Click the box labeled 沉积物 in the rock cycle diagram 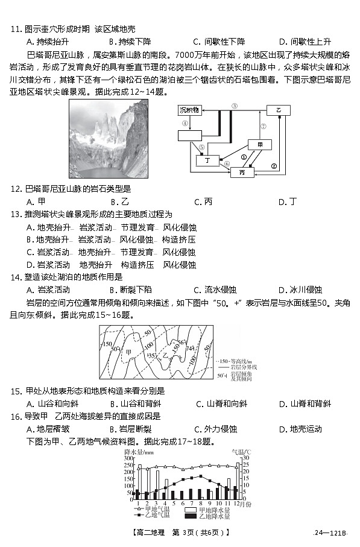(x=192, y=110)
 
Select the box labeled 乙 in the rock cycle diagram (x=279, y=110)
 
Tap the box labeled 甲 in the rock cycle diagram (x=260, y=145)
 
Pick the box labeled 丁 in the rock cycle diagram (x=208, y=160)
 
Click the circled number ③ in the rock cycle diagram (x=234, y=106)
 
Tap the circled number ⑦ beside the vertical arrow (x=262, y=127)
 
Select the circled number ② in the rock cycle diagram (x=274, y=166)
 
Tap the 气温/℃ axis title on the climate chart (x=241, y=452)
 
